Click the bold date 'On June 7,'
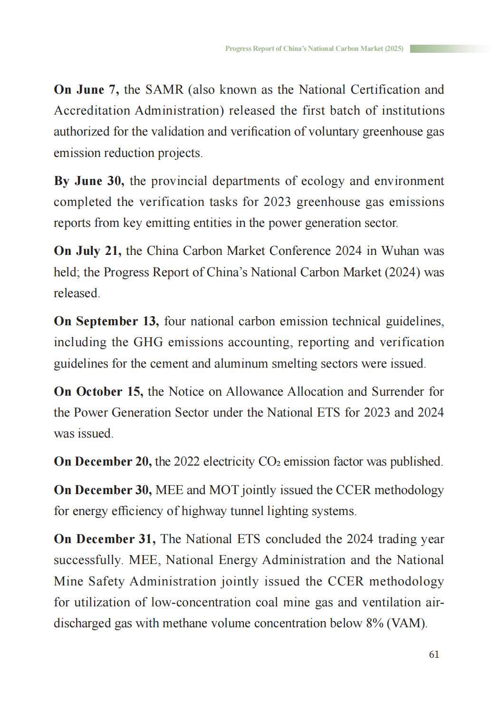86,90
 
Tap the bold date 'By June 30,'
89,181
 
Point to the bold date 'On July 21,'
87,251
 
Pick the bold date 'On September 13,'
106,321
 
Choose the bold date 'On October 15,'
98,392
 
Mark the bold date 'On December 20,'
103,462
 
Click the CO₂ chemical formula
268,462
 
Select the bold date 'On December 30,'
103,490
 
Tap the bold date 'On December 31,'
105,539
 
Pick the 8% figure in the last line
374,623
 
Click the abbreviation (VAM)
407,623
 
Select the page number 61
434,655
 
